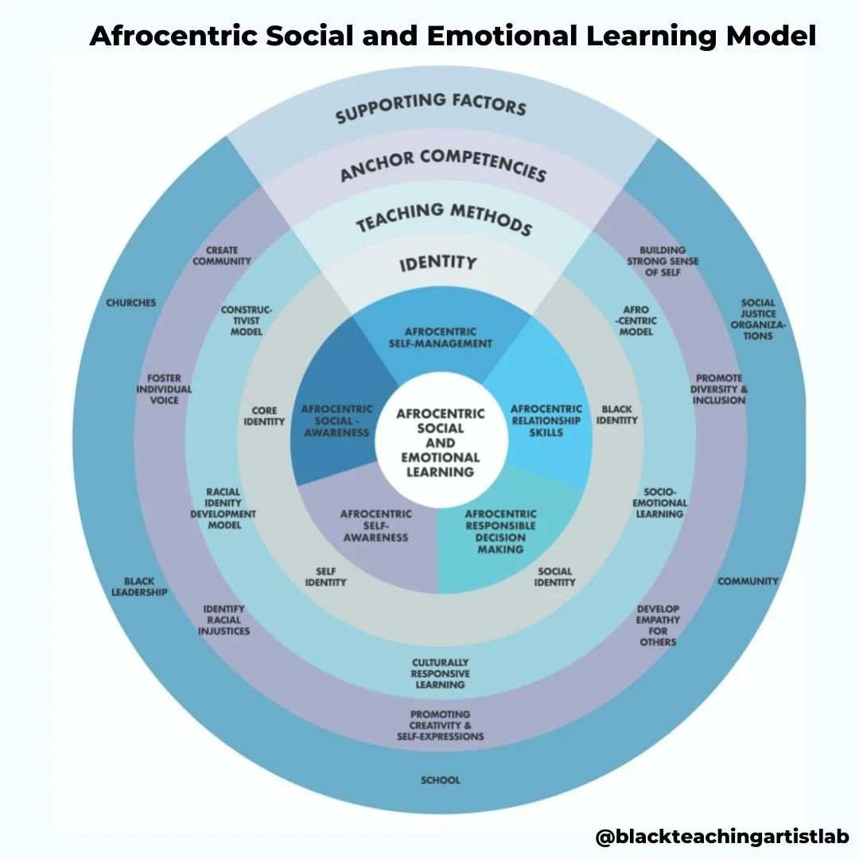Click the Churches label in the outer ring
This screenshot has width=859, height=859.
(x=130, y=303)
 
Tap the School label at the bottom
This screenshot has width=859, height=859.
(x=440, y=780)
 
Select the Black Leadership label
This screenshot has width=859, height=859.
(x=139, y=587)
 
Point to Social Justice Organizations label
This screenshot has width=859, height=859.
(x=758, y=319)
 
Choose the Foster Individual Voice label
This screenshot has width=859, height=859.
(x=164, y=389)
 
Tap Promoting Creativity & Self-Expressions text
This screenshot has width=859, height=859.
(x=440, y=725)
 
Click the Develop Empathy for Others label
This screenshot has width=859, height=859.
(x=657, y=625)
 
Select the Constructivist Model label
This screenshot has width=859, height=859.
(x=247, y=320)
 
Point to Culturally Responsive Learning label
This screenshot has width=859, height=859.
(x=440, y=673)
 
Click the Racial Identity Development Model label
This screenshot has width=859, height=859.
(x=223, y=508)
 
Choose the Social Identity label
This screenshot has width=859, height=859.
(x=554, y=577)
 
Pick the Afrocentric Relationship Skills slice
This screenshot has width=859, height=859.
(x=546, y=421)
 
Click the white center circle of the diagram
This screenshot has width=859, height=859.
(x=440, y=441)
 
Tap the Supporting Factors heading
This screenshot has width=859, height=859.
(x=430, y=108)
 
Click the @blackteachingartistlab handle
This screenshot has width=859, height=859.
(x=721, y=836)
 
